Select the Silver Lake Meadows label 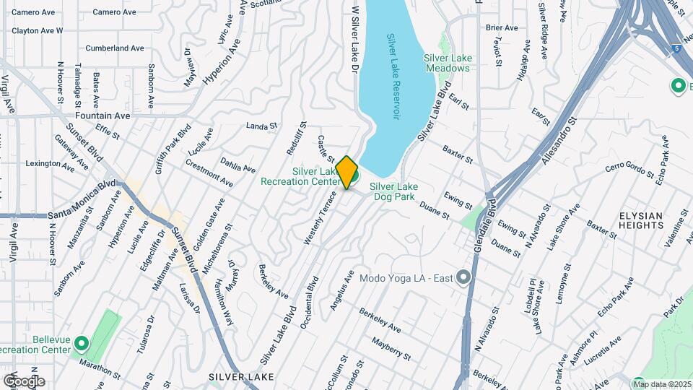click(447, 63)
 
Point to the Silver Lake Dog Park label click(393, 191)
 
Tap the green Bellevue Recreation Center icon click(81, 344)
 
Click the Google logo click(23, 381)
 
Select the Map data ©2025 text click(662, 384)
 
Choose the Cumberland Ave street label click(115, 48)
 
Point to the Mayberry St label click(391, 347)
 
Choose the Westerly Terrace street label click(320, 217)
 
